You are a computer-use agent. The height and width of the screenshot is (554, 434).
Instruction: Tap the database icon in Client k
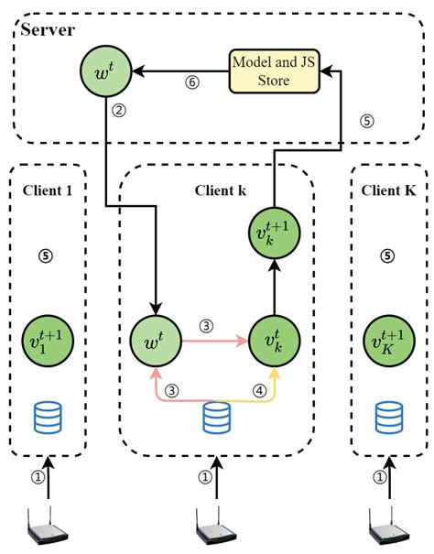coord(217,418)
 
